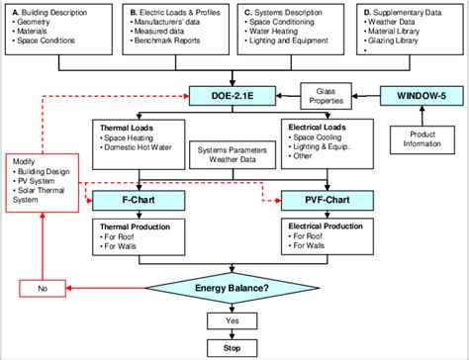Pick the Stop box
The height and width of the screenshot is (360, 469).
[233, 347]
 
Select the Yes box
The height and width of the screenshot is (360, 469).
[233, 320]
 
